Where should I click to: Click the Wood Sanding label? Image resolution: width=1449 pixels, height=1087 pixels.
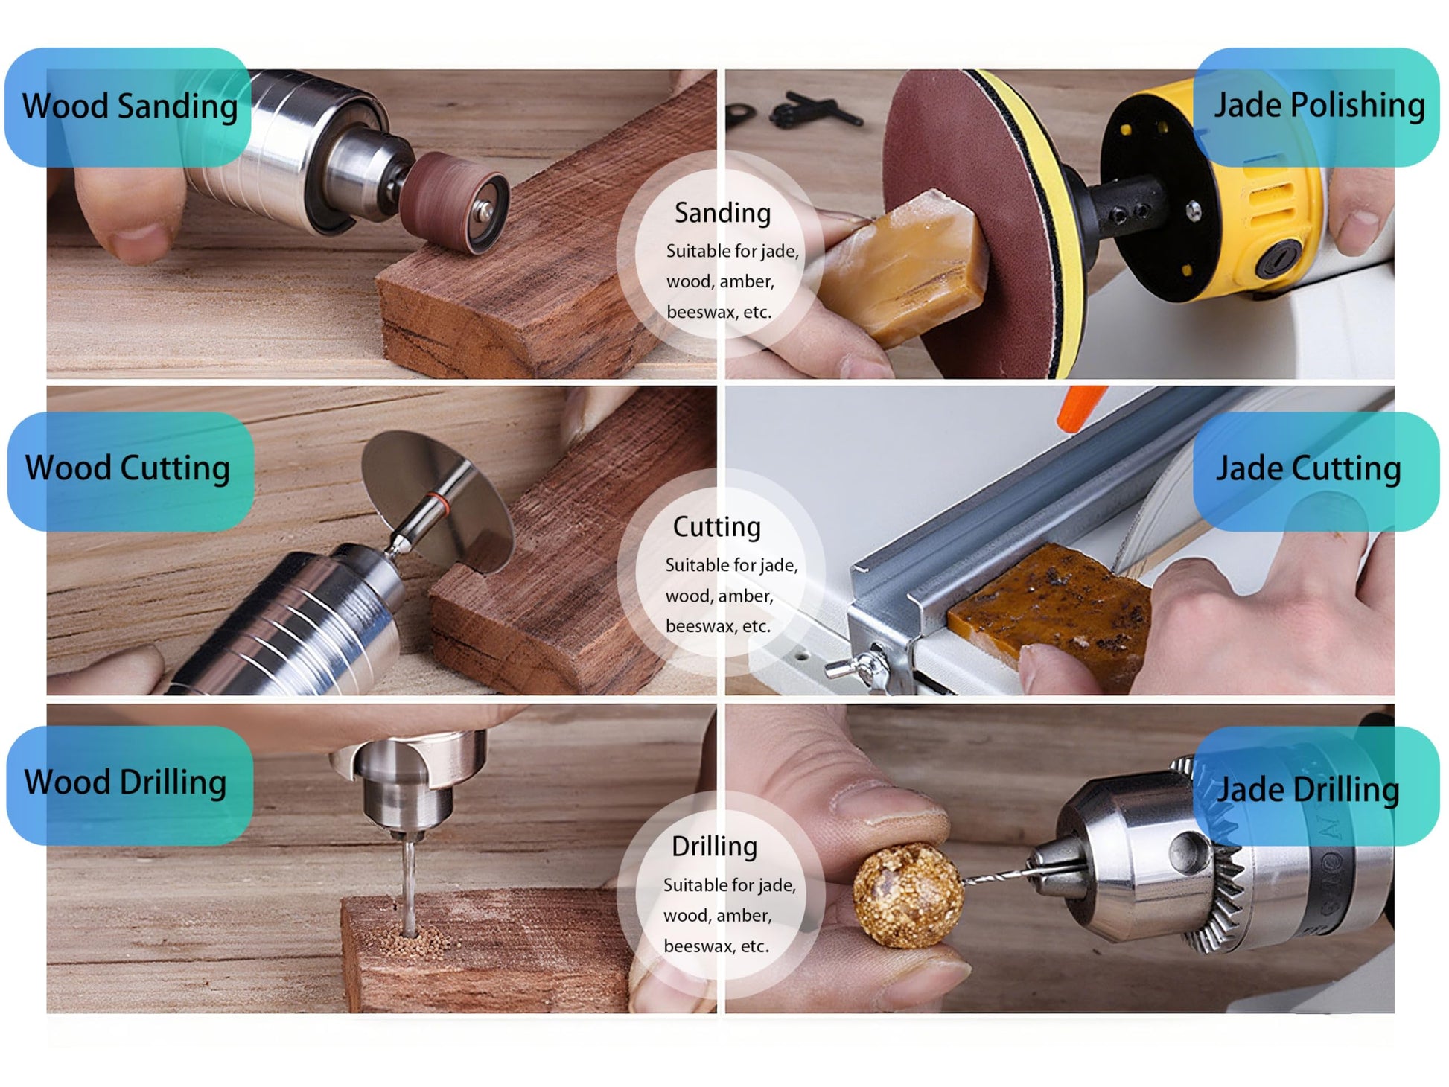(x=130, y=106)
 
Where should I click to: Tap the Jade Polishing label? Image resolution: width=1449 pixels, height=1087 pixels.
(x=1319, y=106)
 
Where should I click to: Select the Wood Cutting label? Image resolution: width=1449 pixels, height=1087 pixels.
(x=127, y=469)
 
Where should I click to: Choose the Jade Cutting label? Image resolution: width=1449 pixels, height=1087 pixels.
(x=1308, y=469)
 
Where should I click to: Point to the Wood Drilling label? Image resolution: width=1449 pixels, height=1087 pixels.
(x=125, y=782)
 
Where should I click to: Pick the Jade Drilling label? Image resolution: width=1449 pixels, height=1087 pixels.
(x=1308, y=789)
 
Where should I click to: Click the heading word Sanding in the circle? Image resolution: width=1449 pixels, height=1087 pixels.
(x=722, y=213)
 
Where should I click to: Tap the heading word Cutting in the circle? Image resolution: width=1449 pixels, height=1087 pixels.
(x=716, y=527)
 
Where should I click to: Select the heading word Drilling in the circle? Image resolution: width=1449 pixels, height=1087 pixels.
(x=714, y=847)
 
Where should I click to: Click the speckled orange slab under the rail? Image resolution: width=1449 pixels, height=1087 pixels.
(x=1050, y=607)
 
